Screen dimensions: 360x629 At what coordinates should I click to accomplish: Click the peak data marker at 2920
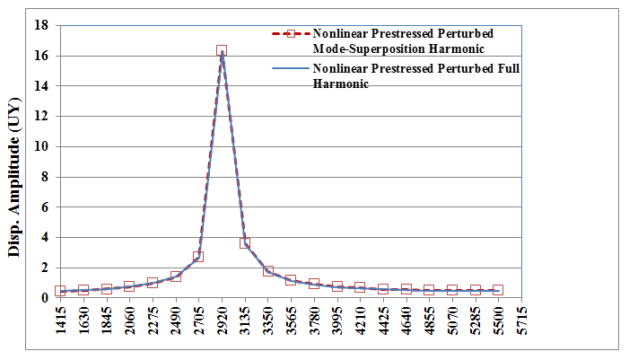coord(222,50)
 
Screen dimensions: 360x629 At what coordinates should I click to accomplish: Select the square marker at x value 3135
coord(245,243)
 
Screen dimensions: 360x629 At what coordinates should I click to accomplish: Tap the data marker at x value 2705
coord(198,257)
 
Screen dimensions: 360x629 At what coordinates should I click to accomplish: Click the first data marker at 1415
coord(60,291)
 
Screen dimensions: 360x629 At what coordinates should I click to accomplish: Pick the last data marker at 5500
coord(498,290)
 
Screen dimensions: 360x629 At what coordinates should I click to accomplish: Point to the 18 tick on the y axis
coord(41,25)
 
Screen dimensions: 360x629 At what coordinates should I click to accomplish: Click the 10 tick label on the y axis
coord(41,146)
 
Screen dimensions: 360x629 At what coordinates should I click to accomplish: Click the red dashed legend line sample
coord(288,34)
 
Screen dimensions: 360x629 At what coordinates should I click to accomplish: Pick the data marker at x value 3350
coord(268,270)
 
